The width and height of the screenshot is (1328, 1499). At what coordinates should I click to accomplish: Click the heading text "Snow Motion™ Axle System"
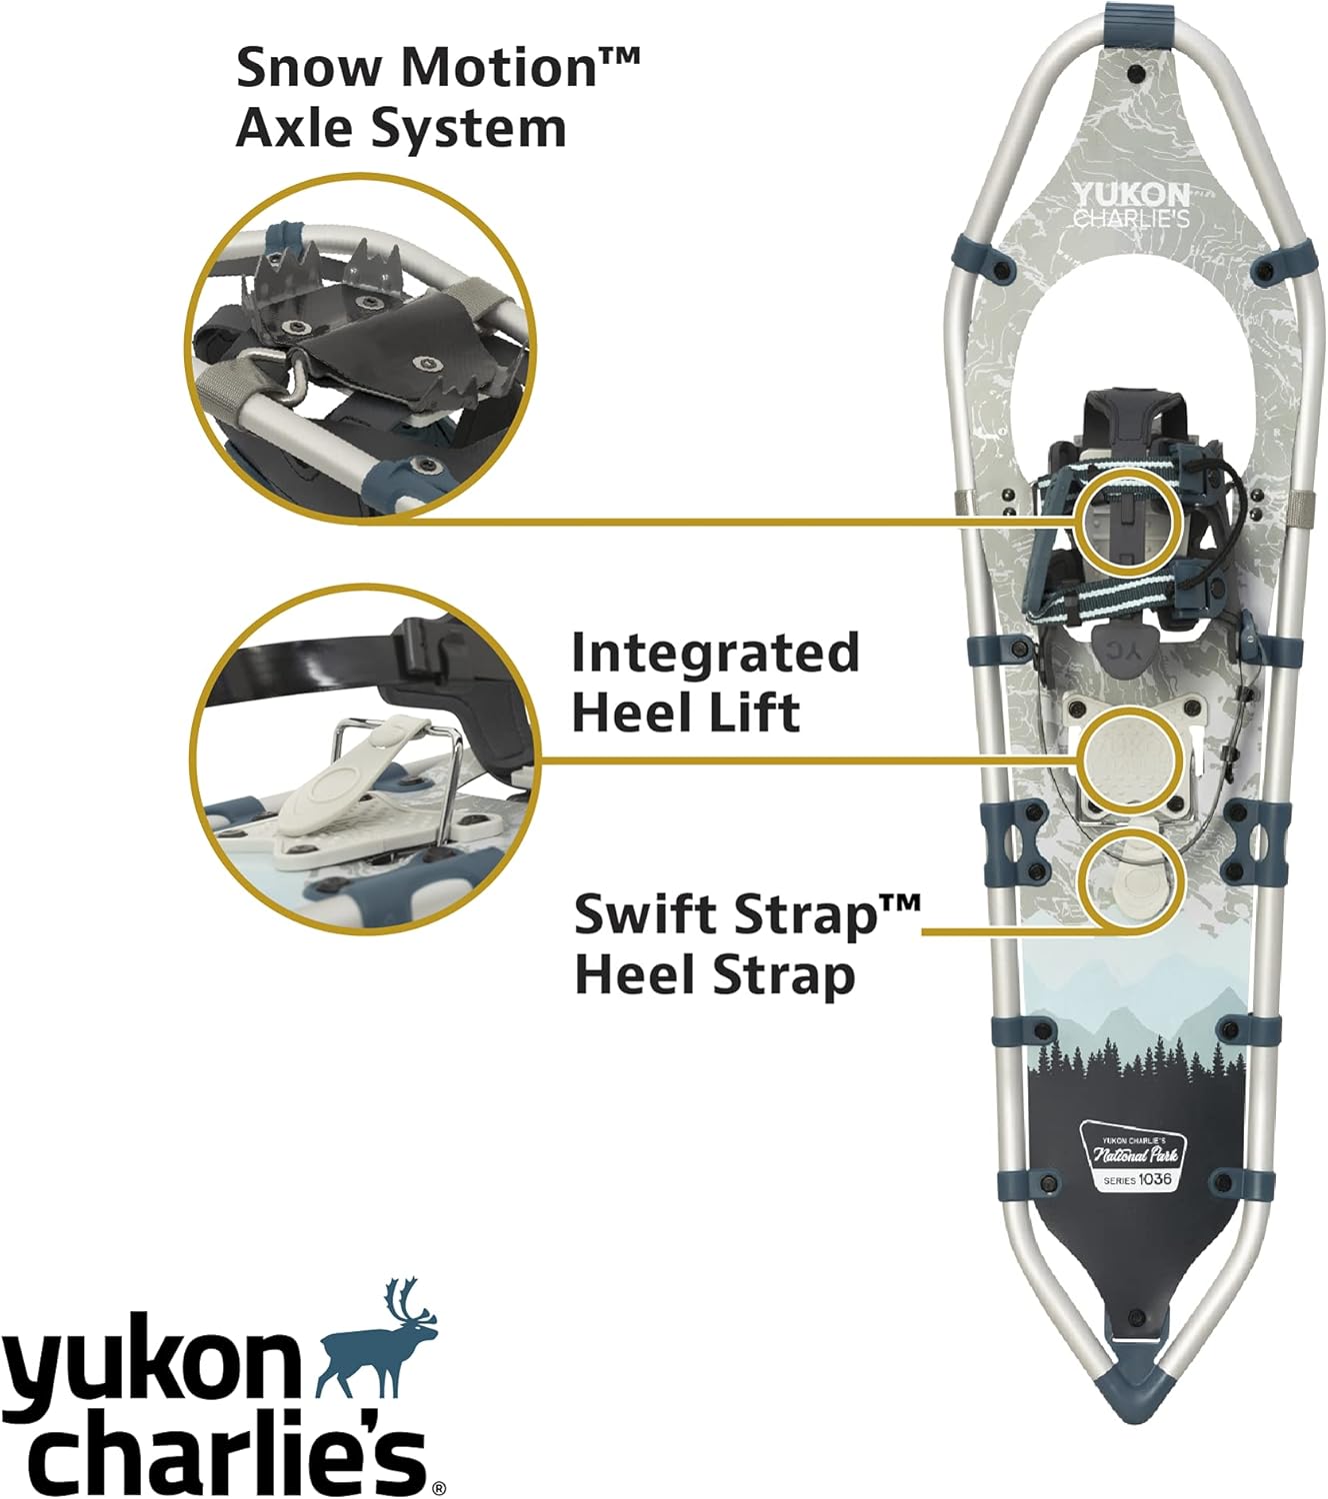[x=436, y=98]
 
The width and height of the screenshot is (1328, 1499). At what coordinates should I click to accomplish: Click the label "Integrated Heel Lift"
[x=714, y=683]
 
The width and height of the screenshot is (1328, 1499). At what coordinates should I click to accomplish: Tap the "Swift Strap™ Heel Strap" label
[x=746, y=944]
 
